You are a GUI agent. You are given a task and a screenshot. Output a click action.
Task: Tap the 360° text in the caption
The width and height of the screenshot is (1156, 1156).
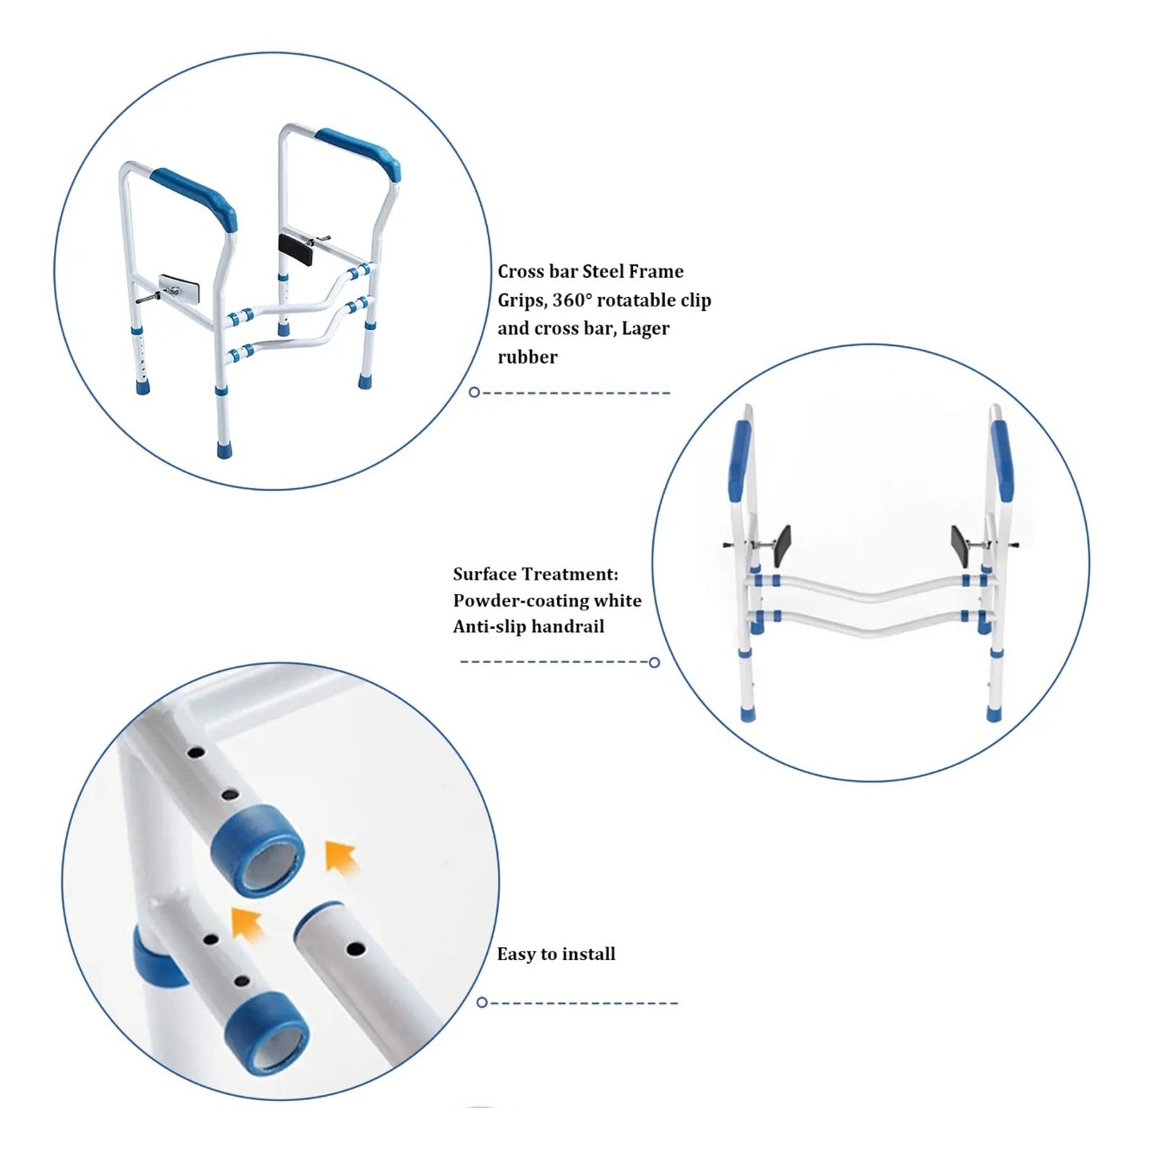coord(572,301)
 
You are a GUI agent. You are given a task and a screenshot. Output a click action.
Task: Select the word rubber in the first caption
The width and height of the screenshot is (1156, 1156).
coord(527,357)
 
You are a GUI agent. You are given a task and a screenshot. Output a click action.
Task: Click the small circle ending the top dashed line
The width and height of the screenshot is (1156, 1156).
coord(474,392)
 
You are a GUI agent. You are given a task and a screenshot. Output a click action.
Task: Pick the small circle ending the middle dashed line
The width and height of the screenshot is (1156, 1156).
coord(655,663)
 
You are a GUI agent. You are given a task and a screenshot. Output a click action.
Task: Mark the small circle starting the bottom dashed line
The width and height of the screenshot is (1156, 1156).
coord(482,1003)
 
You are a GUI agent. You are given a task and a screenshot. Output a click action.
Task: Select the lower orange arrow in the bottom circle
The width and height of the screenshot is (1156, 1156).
coord(247,925)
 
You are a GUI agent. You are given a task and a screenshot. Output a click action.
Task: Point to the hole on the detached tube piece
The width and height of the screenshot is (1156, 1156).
coord(354,947)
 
